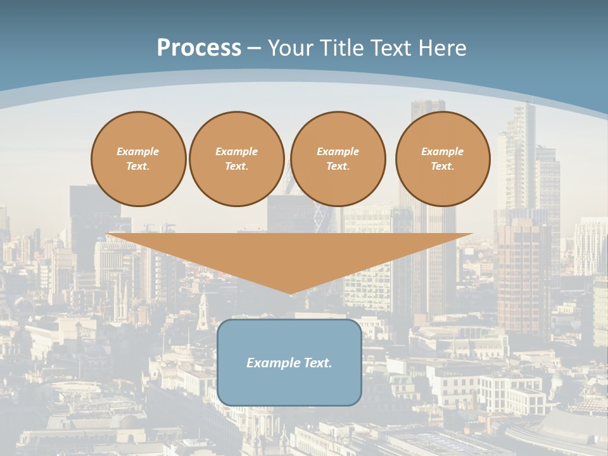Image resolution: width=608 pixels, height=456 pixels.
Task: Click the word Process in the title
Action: coord(199,48)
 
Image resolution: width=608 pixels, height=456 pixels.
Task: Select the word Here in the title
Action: coord(441,48)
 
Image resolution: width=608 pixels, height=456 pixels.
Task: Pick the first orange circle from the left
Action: coord(139,159)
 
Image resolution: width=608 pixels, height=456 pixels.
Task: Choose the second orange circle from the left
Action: coord(237,159)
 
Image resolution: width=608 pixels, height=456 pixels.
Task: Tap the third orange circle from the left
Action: coord(338,159)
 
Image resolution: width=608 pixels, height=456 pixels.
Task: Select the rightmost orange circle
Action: coord(443,159)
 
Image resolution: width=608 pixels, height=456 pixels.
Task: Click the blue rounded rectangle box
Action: coord(289,362)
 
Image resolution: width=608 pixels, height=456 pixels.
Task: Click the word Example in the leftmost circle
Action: coord(138,151)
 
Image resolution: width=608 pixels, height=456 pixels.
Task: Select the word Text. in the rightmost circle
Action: coord(443,167)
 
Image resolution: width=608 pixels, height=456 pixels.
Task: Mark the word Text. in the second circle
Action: coord(237,167)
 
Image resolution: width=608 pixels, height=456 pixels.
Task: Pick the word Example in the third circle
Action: coord(338,151)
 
